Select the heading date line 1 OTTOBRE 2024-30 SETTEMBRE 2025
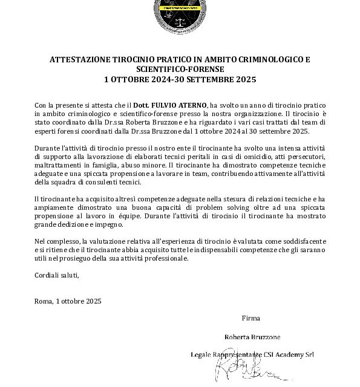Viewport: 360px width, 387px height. [x=180, y=79]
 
